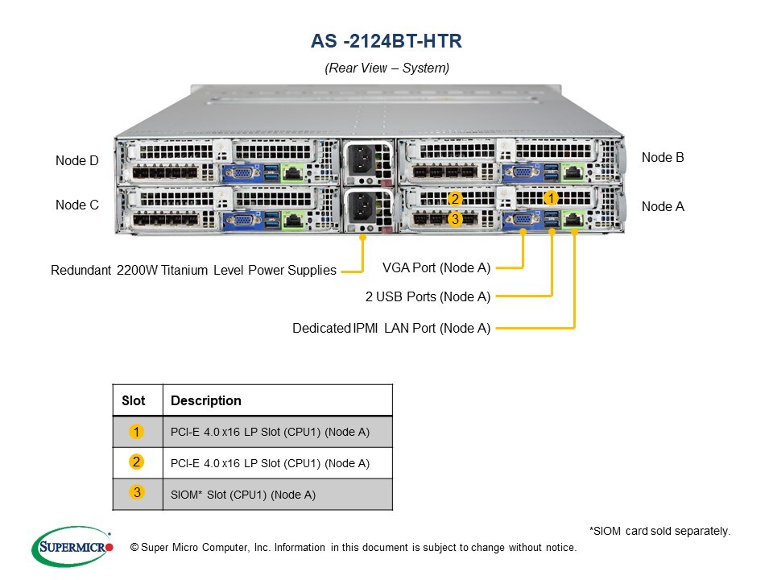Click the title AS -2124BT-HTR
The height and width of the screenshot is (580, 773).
386,41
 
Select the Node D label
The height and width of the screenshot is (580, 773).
77,161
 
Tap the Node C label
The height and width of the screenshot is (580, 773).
77,205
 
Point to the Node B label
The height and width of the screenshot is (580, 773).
663,158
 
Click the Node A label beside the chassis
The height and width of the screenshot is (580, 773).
663,207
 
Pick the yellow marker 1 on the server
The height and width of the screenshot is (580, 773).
551,197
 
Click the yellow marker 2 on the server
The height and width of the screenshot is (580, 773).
455,199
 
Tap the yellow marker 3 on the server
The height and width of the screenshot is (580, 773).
455,218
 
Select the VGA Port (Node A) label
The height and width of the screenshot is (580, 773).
436,267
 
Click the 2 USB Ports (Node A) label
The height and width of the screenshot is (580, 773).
428,297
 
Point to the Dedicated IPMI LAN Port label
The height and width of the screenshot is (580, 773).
391,328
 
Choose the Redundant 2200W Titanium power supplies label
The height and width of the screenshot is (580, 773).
193,271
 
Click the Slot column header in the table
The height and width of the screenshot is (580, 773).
134,400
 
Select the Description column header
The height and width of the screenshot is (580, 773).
206,400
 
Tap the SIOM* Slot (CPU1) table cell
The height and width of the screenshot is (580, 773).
243,495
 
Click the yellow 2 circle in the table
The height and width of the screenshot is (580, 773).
137,462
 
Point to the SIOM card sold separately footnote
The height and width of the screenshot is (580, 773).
659,531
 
